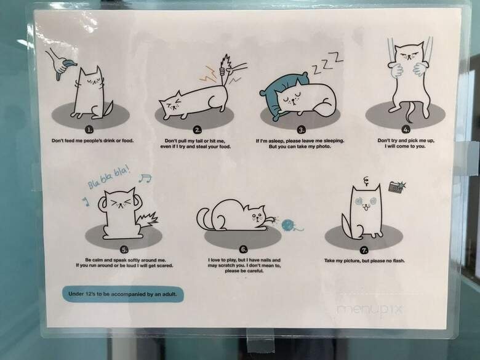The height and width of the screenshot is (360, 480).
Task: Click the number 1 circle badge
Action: (x=89, y=130)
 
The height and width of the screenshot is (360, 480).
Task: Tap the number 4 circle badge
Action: (x=406, y=130)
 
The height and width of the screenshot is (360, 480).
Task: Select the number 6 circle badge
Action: (x=243, y=249)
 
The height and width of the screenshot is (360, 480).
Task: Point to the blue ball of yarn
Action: (x=288, y=225)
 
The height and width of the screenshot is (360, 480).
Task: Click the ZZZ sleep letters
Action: (x=327, y=63)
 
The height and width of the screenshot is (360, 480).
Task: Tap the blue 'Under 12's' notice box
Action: (x=123, y=294)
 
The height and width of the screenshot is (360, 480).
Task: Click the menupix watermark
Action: (x=370, y=310)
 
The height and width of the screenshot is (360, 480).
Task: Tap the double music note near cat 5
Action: (x=145, y=178)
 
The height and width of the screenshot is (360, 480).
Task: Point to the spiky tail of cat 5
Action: (x=147, y=220)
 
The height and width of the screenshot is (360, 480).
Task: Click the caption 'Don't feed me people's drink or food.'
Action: (x=92, y=141)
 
